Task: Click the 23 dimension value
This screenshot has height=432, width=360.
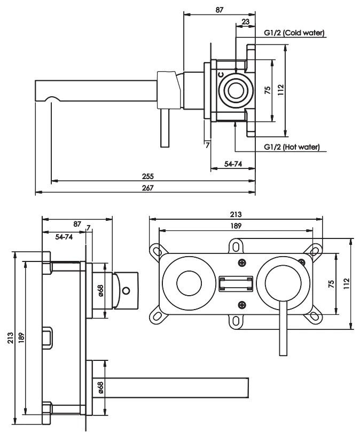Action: coord(245,21)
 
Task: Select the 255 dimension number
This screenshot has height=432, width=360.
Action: coord(148,176)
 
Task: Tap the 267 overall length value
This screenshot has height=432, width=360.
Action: coord(148,188)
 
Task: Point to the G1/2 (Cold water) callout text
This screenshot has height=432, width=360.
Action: coord(294,33)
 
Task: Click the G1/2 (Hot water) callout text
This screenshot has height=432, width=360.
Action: coord(292,147)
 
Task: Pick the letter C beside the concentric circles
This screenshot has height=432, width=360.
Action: coord(221,74)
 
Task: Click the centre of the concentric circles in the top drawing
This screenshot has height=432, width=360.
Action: coord(236,90)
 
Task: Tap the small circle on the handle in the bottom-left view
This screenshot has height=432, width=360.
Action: coord(126,290)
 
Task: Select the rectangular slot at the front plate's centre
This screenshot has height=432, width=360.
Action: coord(236,284)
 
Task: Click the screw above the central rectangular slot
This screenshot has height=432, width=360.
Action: coord(242,263)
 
